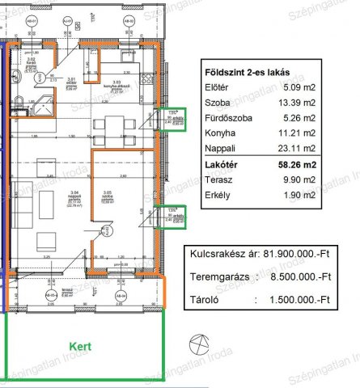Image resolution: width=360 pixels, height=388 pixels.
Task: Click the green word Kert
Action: [79, 346]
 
